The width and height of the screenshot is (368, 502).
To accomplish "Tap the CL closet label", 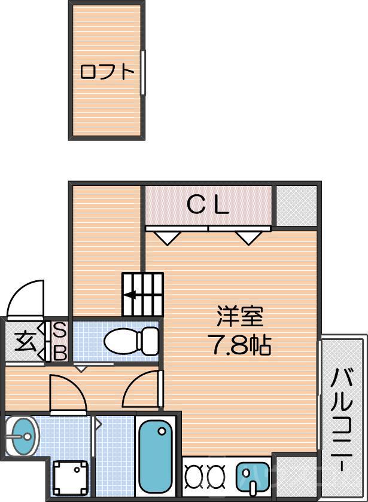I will pos(208,206).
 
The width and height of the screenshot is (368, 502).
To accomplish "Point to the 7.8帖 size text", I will pos(240,345).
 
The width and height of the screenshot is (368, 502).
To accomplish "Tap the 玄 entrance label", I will pos(25,341).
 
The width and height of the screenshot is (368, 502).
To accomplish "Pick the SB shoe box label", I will pos(60,341).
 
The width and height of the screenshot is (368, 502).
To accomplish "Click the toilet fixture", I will pos(129,341).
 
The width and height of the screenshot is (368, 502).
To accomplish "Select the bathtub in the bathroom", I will pos(156,455).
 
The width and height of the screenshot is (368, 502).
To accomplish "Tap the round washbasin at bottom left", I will pos(22,437).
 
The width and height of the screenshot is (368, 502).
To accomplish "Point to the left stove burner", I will pos(194,476).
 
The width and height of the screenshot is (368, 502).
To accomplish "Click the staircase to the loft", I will pos(143,294).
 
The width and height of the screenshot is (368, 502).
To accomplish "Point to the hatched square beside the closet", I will pos(296,206).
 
